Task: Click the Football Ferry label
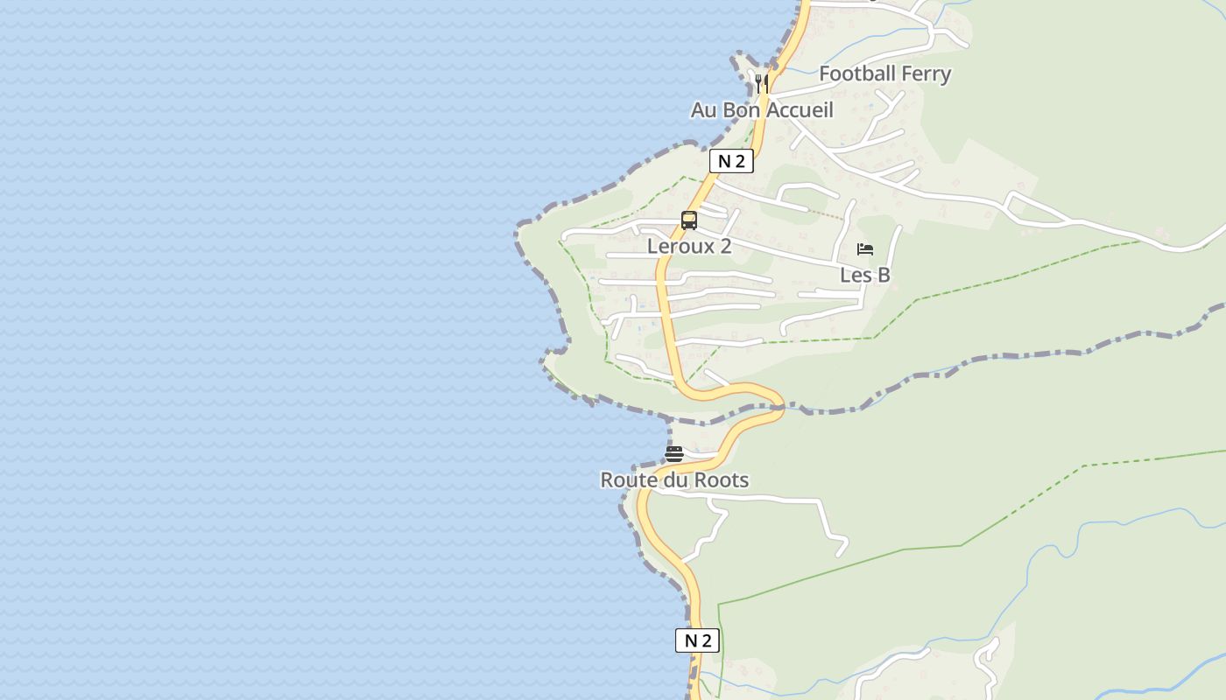pos(884,73)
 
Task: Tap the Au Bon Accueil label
pos(762,110)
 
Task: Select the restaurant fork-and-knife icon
pos(762,83)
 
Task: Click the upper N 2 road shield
pos(731,161)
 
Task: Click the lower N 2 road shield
pos(697,640)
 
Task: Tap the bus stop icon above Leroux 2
pos(689,220)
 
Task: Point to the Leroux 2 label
pos(689,246)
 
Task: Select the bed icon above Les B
pos(865,249)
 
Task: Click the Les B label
pos(865,275)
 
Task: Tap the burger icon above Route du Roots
pos(673,454)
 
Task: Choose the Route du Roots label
pos(674,480)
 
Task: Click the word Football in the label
pos(854,73)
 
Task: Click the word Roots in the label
pos(723,480)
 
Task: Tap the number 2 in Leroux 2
pos(725,246)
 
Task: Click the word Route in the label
pos(625,480)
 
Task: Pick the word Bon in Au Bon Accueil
pos(740,110)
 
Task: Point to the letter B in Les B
pos(884,275)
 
